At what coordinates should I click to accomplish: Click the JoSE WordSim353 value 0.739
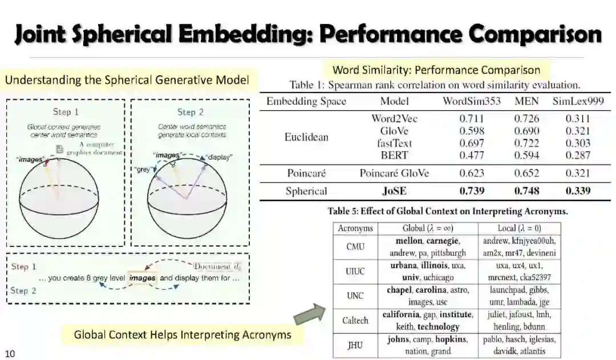tap(472, 191)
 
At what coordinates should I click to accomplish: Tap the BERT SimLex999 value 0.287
tap(578, 155)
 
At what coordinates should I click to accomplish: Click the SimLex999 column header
tap(578, 102)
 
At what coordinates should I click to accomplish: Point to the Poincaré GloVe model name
tap(394, 173)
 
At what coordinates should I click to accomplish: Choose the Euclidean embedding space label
tap(307, 137)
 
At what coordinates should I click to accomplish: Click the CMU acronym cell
tap(355, 247)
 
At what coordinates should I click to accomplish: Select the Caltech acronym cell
tap(355, 321)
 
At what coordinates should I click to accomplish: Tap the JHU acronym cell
tap(355, 345)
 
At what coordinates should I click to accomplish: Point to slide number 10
tap(10, 354)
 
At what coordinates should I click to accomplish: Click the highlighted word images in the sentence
tap(142, 278)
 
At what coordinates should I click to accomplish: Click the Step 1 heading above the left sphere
tap(66, 112)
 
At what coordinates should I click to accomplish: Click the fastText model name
tap(395, 143)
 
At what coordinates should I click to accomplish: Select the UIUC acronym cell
tap(355, 272)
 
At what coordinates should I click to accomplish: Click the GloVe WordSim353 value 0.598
tap(472, 131)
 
